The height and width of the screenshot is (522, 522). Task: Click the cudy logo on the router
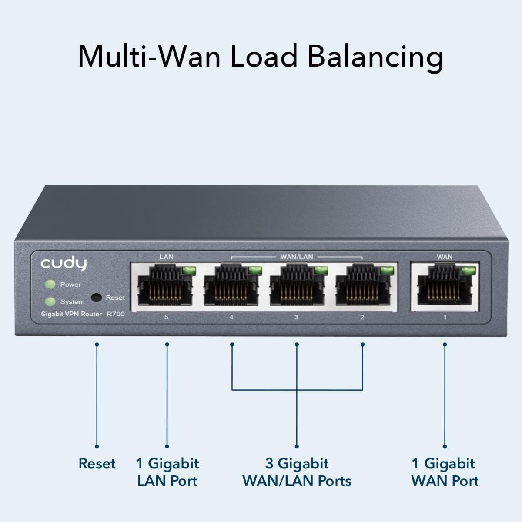tap(64, 264)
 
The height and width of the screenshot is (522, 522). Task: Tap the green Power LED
tap(50, 284)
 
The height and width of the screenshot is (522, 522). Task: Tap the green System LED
tap(50, 301)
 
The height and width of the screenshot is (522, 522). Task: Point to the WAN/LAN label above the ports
tap(297, 257)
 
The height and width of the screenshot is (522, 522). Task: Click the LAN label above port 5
tap(166, 257)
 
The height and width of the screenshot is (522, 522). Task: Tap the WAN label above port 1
tap(445, 257)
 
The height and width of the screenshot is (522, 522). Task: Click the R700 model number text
tap(116, 314)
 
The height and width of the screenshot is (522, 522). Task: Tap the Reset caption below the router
tap(97, 464)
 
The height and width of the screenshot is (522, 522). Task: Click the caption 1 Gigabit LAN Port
tap(167, 472)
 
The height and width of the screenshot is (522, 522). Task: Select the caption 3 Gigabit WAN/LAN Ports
tap(297, 472)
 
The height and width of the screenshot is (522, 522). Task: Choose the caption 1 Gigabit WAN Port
tap(445, 472)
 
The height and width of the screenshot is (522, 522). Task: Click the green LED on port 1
tap(468, 271)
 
